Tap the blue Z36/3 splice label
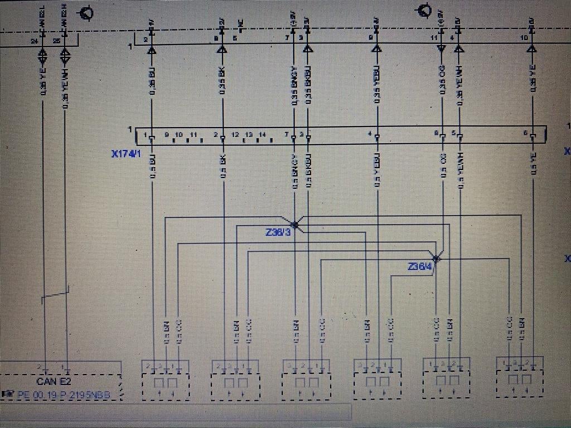278,232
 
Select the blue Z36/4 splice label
420,267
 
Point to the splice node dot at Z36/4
437,258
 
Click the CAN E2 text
54,382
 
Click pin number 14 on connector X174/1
262,135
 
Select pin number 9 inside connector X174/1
166,135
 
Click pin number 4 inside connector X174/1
370,134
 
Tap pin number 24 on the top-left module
35,41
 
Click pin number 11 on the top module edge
433,38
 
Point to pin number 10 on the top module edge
523,38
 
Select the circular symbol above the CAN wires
86,13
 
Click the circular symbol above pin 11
424,10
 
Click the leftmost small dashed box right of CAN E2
166,380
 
